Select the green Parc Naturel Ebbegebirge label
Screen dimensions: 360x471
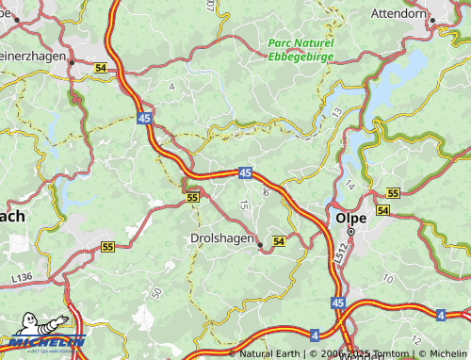300,49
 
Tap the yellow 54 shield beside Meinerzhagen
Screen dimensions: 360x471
101,68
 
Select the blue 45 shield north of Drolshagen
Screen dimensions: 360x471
245,172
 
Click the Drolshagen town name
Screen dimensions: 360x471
221,239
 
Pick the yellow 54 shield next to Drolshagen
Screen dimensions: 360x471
278,242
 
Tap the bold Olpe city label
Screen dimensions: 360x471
349,218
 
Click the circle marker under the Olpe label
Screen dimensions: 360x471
351,232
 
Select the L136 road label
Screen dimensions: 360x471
23,276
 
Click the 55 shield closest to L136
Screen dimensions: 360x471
107,247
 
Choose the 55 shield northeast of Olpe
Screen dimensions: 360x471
393,192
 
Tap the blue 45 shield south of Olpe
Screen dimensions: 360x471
337,303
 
